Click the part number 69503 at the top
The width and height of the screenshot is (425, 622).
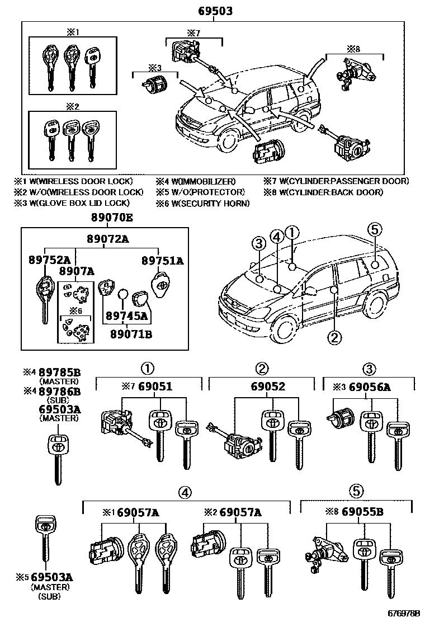coord(215,11)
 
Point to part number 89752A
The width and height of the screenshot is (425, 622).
coord(50,260)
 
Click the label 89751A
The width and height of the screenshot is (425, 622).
coord(163,261)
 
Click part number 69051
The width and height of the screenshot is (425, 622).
coord(155,387)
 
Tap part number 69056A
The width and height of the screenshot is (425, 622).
coord(382,387)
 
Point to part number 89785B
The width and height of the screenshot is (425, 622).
coord(60,372)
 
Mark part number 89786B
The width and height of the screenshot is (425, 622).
coord(60,392)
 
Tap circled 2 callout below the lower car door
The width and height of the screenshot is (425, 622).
coord(334,337)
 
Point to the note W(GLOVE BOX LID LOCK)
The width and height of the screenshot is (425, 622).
coord(81,203)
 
